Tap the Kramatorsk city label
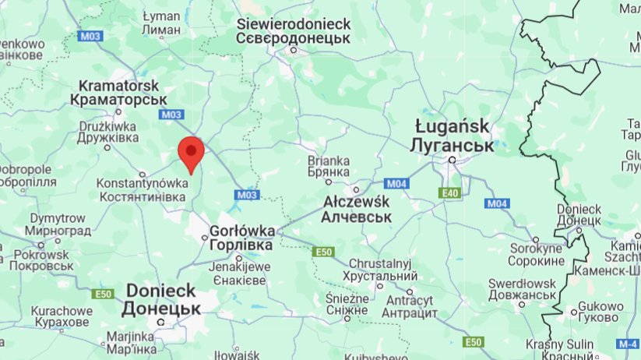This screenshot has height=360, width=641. click(x=118, y=93)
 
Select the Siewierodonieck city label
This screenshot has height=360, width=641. click(x=294, y=31)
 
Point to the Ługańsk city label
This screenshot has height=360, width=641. click(x=454, y=136)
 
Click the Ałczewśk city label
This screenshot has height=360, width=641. click(x=356, y=209)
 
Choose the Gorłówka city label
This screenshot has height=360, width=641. click(x=241, y=238)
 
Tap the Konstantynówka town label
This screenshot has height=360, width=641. click(x=142, y=190)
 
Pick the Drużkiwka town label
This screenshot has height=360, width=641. click(x=107, y=131)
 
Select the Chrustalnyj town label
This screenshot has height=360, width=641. click(x=382, y=270)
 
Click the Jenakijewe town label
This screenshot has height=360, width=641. click(x=240, y=274)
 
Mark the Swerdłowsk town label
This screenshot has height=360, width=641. click(x=523, y=289)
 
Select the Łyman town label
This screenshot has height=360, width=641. click(x=162, y=23)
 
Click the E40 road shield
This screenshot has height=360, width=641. click(x=449, y=192)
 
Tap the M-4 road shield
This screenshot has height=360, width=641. click(x=627, y=344)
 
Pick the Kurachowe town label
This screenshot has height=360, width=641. click(x=62, y=316)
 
